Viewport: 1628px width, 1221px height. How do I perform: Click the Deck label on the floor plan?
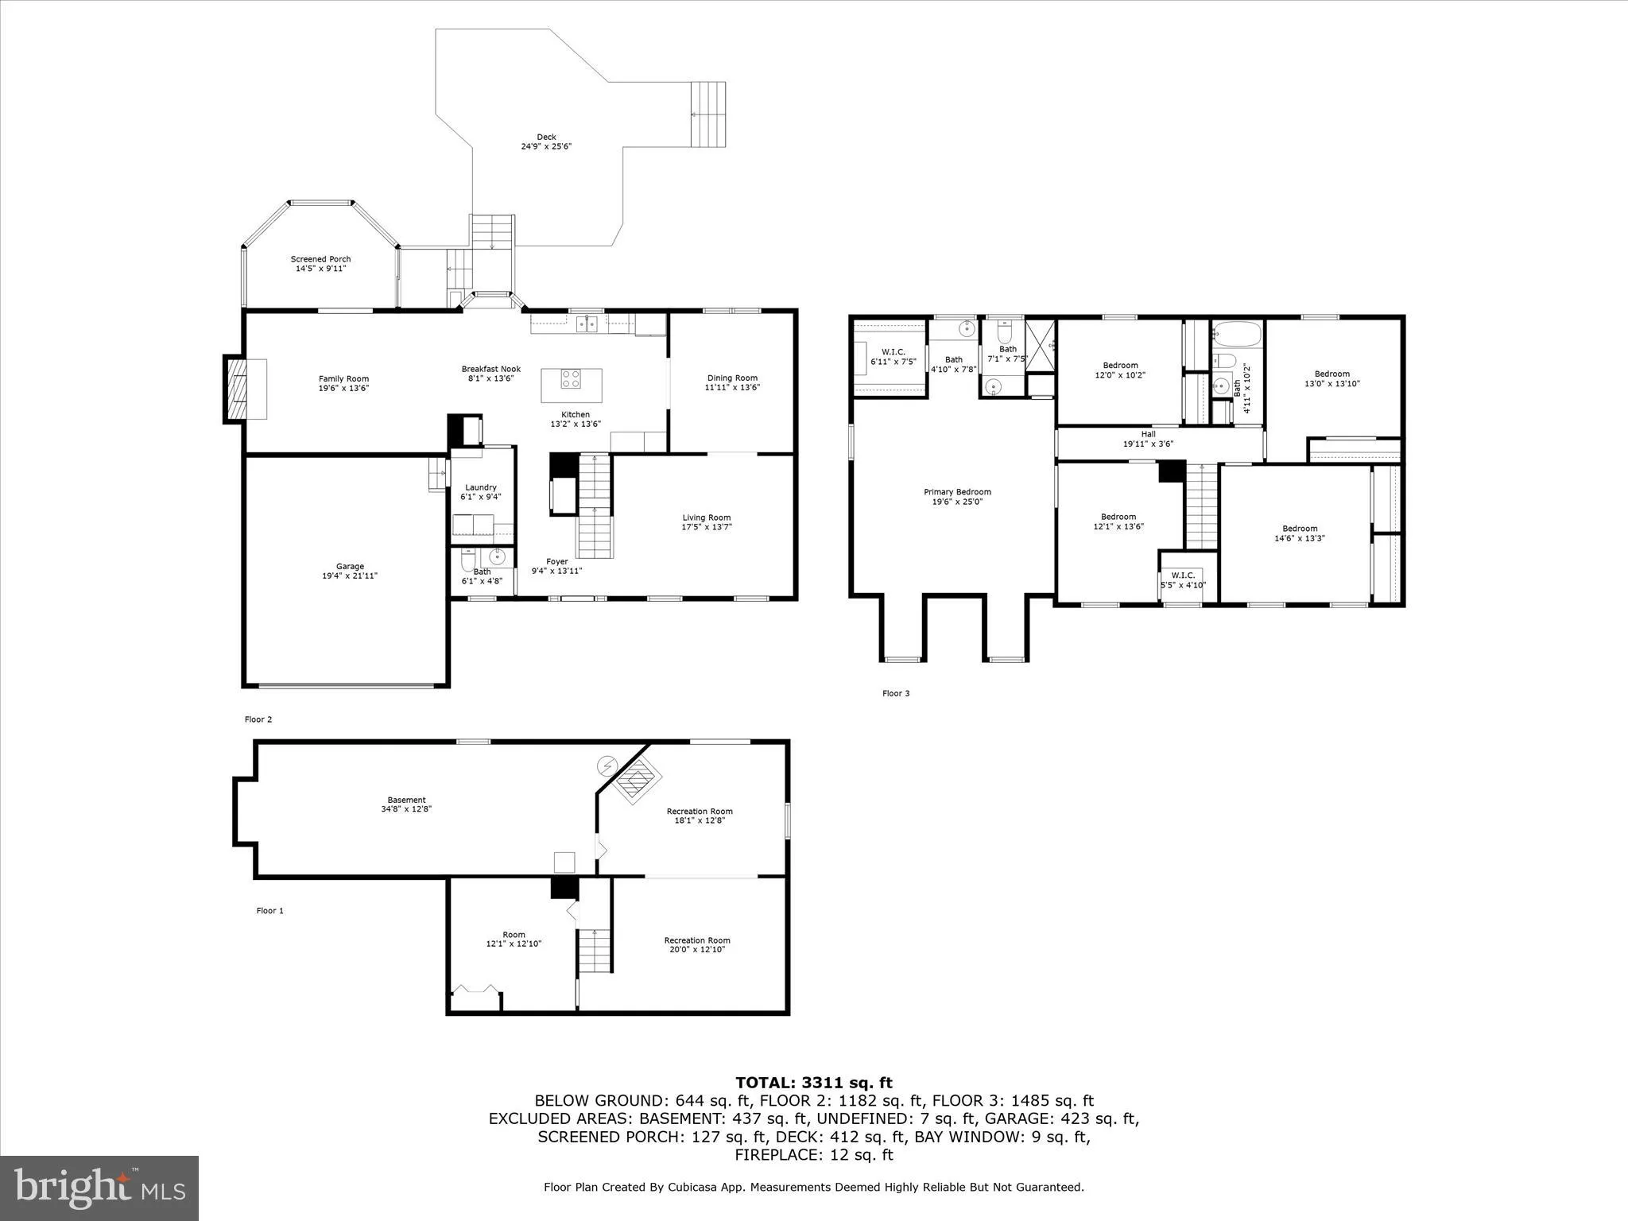(x=546, y=141)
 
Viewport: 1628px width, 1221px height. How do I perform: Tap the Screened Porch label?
(x=320, y=264)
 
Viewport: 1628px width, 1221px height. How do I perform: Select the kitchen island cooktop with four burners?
(x=571, y=378)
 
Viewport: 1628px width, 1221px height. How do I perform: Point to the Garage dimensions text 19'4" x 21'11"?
(x=350, y=576)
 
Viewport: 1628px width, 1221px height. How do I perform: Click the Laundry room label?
(x=481, y=492)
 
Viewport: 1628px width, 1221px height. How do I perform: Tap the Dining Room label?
(x=732, y=382)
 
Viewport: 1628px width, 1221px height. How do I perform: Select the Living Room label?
(x=706, y=522)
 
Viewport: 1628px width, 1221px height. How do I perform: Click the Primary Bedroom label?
(x=957, y=497)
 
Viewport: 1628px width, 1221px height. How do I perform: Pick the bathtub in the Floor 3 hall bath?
(x=1237, y=334)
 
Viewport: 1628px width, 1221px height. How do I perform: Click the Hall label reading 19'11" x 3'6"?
(x=1148, y=439)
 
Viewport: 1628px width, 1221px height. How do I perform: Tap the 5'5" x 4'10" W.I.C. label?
(x=1182, y=580)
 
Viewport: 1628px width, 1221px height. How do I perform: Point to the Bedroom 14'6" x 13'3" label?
(x=1300, y=533)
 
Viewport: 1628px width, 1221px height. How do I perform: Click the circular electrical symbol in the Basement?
(x=606, y=766)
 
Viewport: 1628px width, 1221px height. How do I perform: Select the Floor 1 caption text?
(x=269, y=911)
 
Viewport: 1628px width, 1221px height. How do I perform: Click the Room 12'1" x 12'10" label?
(x=514, y=939)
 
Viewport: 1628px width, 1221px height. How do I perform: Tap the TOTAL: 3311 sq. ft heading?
(x=813, y=1083)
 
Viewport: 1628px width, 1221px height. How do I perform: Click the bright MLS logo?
(x=99, y=1188)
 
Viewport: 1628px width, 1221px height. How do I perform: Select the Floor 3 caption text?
(x=895, y=693)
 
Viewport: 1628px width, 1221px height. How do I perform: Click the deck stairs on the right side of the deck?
(x=707, y=114)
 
